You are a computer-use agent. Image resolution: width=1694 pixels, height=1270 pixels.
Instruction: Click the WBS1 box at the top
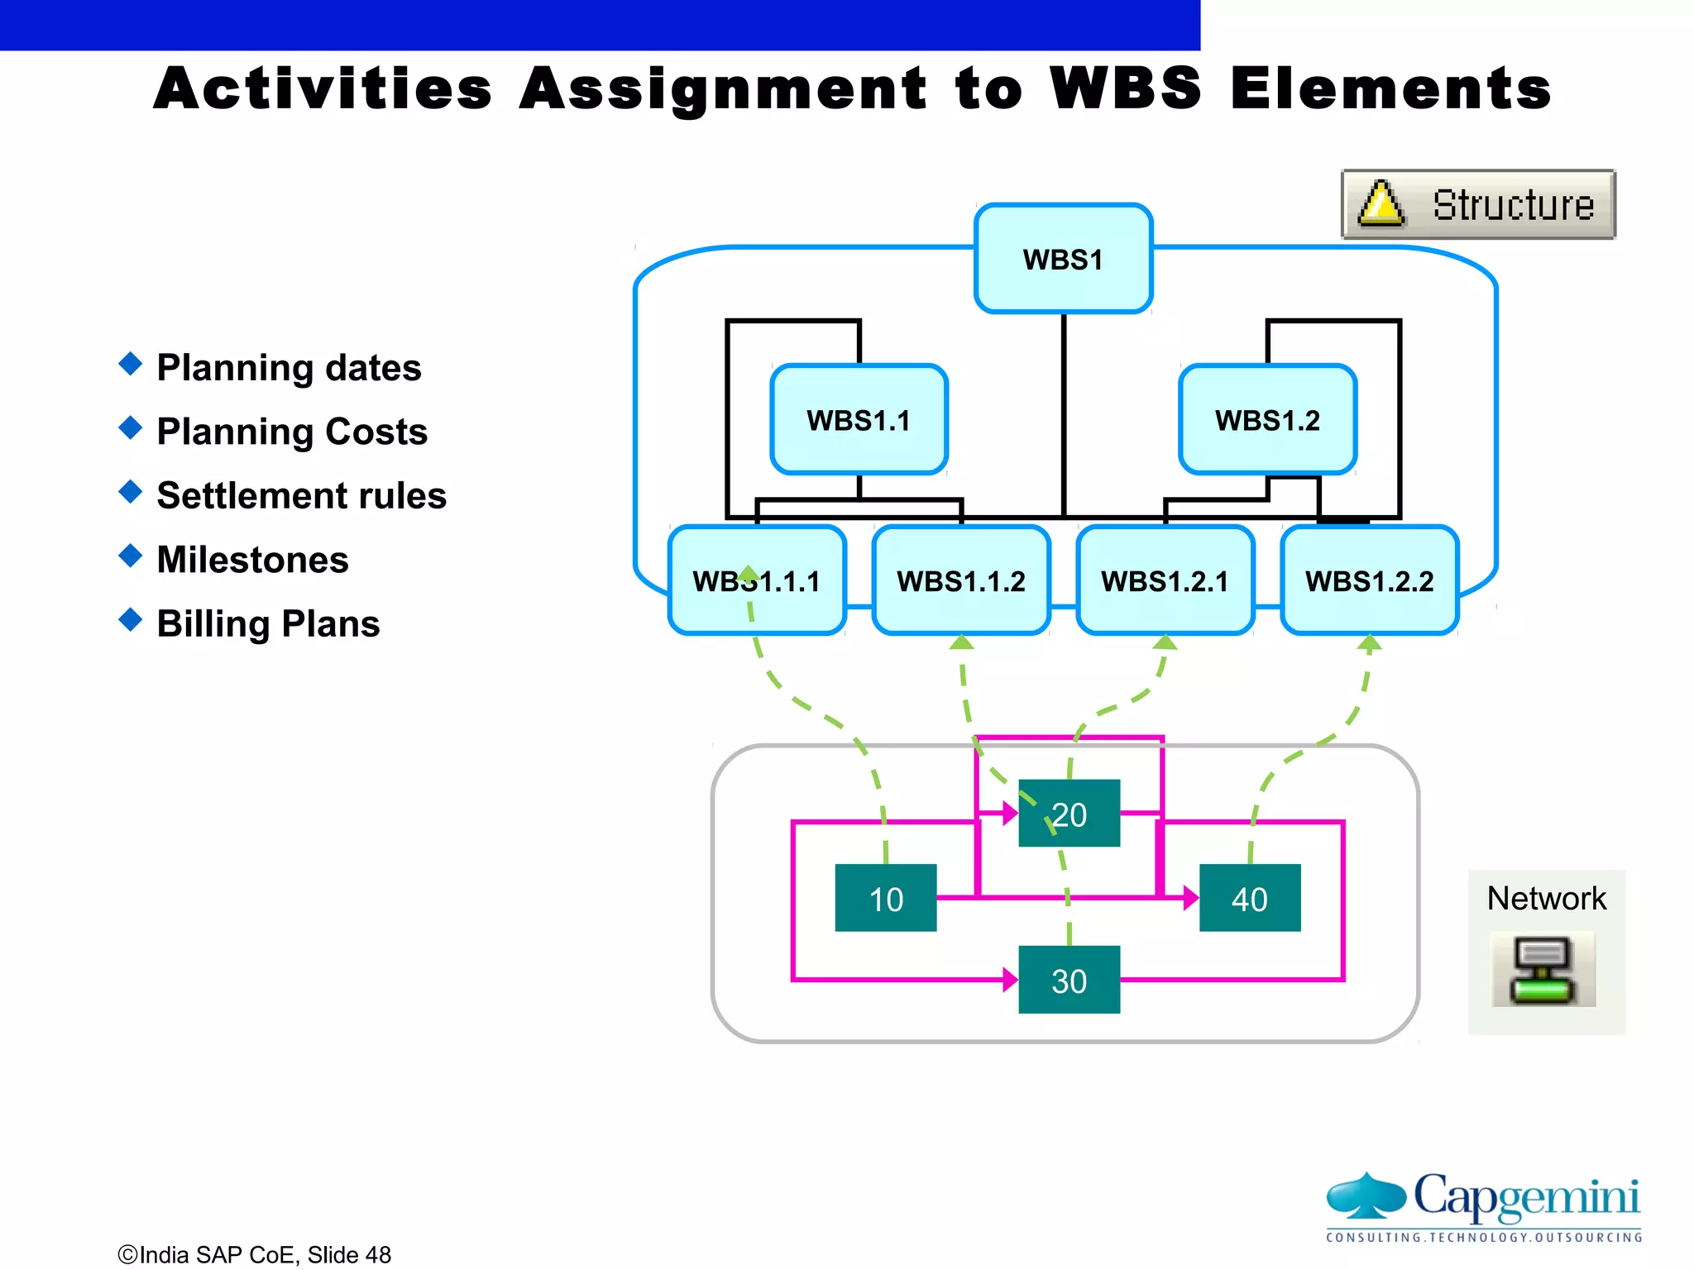1063,259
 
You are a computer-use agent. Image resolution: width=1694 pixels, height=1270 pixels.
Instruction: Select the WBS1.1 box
859,419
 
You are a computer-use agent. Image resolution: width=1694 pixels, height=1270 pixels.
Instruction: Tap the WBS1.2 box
1267,419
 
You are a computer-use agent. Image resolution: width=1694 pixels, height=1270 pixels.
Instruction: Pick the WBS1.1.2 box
961,580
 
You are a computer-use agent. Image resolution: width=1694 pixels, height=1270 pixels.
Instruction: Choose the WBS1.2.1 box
1165,580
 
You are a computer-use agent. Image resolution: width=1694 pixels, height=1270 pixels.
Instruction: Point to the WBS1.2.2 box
1369,580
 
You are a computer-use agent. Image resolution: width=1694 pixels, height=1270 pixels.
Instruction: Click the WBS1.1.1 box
756,580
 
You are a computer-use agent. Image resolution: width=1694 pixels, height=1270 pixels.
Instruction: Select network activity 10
886,898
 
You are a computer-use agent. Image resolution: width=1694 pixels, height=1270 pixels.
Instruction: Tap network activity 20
1069,814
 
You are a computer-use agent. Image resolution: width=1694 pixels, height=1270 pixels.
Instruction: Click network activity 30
1069,980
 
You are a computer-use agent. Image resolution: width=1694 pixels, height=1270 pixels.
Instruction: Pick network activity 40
1249,898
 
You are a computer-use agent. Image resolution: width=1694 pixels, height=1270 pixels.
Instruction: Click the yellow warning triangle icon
1381,205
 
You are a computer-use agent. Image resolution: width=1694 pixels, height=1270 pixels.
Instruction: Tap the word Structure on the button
1513,205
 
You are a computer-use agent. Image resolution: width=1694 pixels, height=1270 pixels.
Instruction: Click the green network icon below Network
1543,970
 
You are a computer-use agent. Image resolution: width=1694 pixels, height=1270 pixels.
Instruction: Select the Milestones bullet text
252,560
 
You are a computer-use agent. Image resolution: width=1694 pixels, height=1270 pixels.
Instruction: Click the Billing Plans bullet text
268,623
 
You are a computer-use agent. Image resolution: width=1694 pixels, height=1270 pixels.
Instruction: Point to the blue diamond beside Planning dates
131,364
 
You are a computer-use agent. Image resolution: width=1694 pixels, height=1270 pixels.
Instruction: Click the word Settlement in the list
232,496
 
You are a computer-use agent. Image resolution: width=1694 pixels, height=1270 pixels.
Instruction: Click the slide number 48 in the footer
378,1254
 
